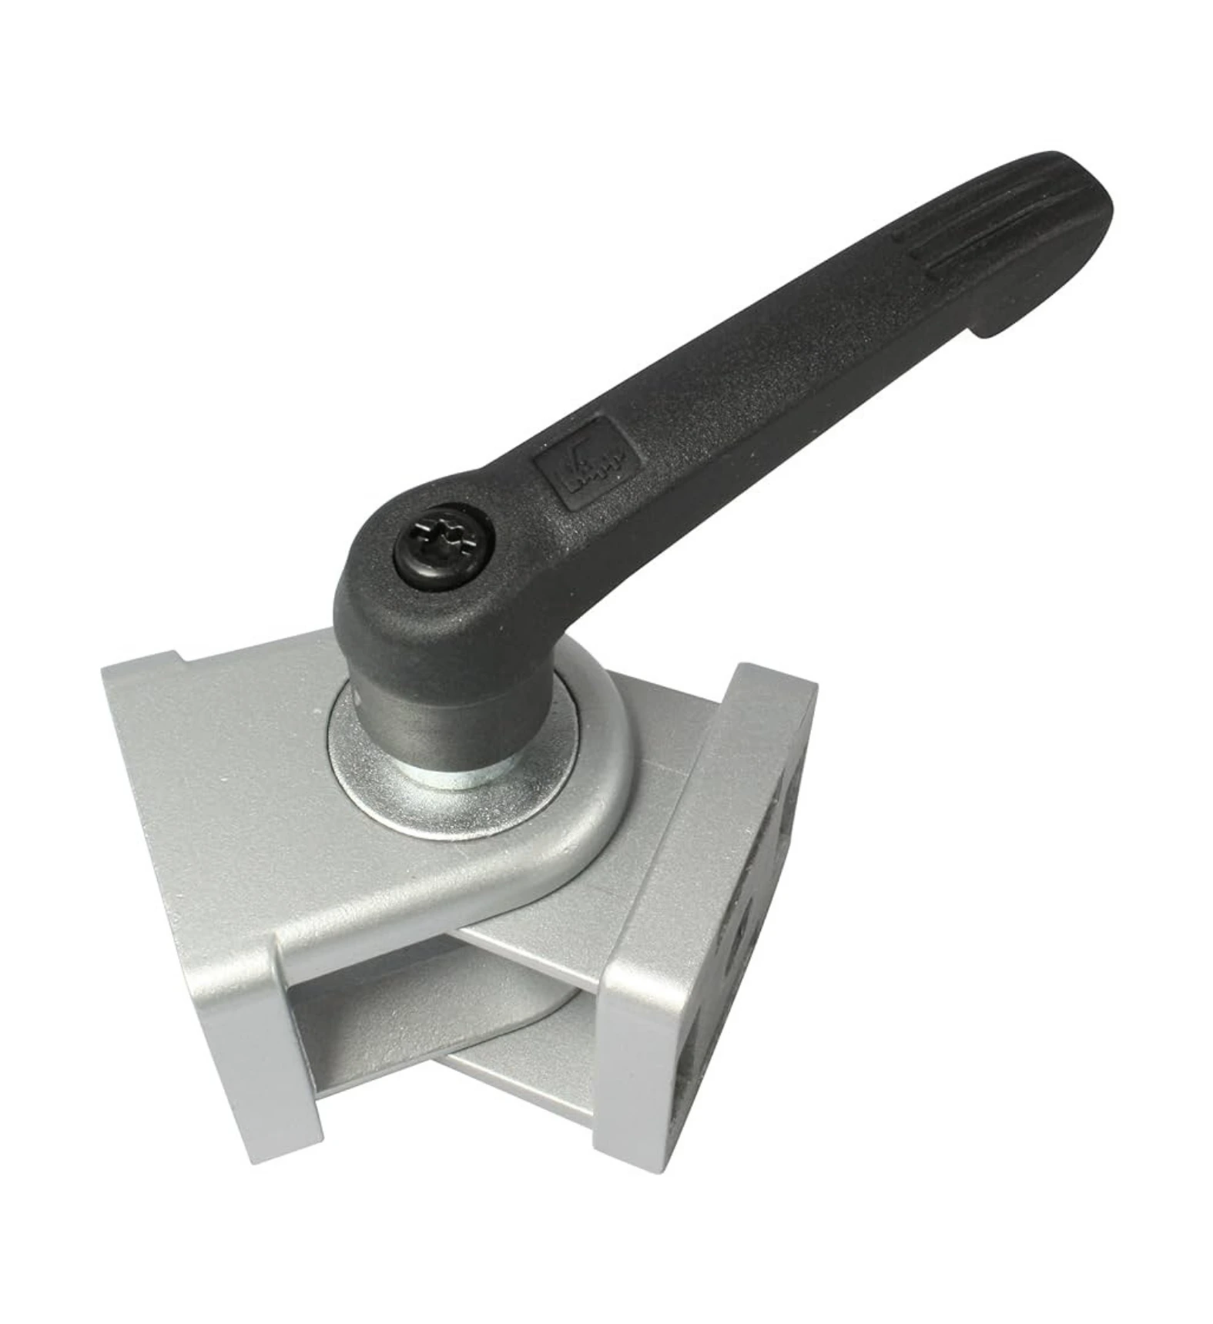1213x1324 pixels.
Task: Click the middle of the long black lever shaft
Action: coord(770,370)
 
